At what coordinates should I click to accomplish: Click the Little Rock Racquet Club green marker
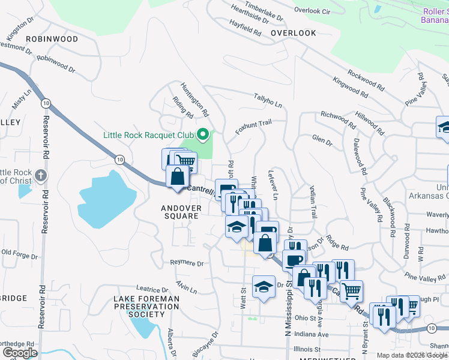point(203,134)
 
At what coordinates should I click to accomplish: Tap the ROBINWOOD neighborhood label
point(52,39)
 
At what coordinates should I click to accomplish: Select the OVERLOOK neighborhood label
point(293,33)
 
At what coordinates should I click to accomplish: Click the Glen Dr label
point(322,140)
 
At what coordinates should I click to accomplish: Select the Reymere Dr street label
point(187,263)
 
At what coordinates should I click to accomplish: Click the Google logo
point(20,353)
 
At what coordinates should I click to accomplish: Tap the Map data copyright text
point(411,355)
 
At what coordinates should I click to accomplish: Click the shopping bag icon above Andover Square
point(177,178)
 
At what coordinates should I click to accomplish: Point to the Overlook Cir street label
point(313,11)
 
